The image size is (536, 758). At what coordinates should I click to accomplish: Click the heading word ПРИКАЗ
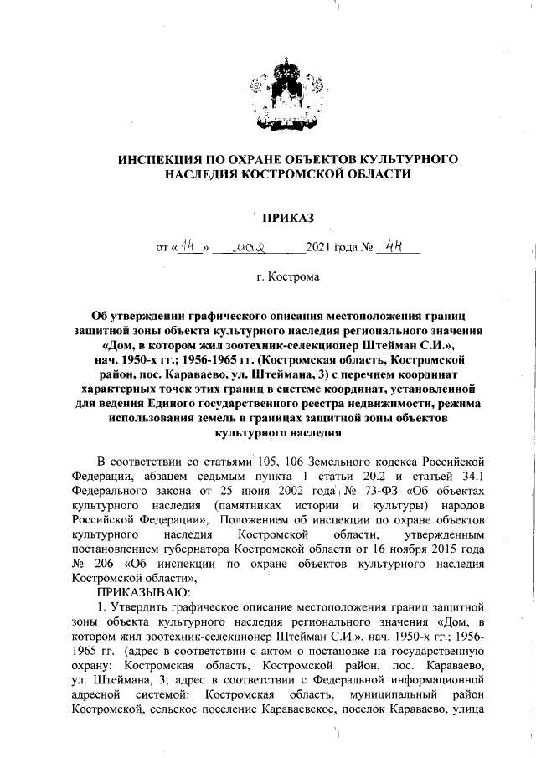click(287, 219)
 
